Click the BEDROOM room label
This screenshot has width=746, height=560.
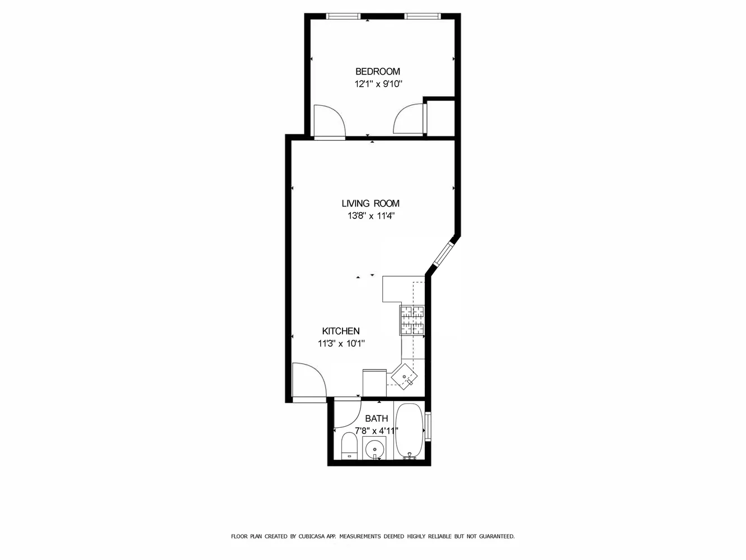tap(378, 72)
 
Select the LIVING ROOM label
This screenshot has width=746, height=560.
tap(370, 204)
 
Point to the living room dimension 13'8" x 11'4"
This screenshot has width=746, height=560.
tap(371, 216)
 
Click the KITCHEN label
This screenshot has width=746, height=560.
tap(341, 332)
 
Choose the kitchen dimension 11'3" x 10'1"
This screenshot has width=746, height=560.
tap(341, 344)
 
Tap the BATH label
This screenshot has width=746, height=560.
tap(376, 419)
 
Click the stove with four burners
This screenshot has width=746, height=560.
tap(412, 320)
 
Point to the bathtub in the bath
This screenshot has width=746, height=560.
tap(410, 430)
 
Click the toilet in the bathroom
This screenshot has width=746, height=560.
tap(349, 445)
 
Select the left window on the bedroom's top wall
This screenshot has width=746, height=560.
tap(344, 16)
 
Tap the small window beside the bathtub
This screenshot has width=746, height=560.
tap(428, 427)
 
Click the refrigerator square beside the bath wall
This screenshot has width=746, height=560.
tap(374, 383)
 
